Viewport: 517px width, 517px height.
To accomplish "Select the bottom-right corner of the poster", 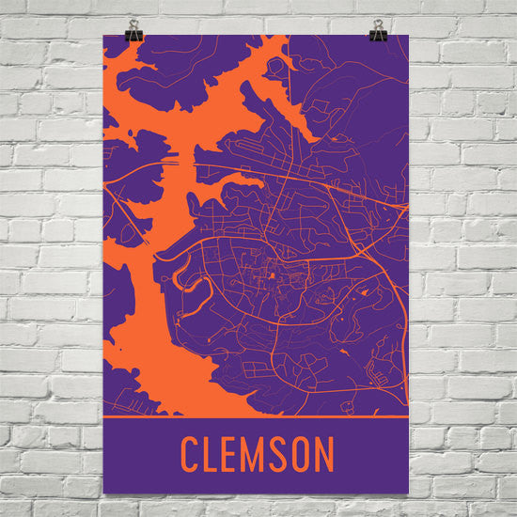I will (x=408, y=495).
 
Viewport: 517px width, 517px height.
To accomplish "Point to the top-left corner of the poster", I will (x=104, y=38).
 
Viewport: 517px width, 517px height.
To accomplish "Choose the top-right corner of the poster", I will (x=408, y=38).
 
